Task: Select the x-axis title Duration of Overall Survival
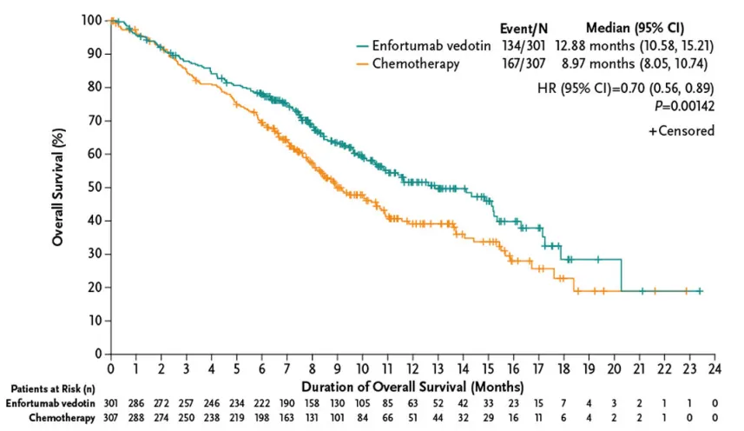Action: (x=412, y=385)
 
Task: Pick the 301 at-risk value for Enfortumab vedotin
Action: (x=111, y=404)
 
